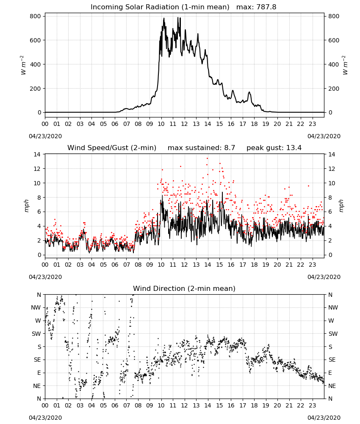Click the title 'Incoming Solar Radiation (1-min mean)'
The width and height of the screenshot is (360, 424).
click(x=160, y=7)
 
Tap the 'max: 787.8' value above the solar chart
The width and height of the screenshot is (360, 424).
click(x=256, y=7)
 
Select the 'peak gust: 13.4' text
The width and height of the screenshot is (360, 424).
click(x=274, y=148)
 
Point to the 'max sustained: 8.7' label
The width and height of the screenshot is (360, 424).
click(x=201, y=148)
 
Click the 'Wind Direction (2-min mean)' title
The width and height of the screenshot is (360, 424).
click(x=184, y=288)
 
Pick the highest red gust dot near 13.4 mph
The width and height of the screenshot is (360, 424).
click(x=207, y=159)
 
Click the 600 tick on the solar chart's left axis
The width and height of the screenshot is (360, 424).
click(x=36, y=40)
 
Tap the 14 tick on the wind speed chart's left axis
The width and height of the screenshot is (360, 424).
click(x=37, y=154)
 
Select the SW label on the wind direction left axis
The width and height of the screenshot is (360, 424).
click(x=36, y=334)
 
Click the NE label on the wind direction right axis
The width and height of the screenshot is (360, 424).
click(x=332, y=386)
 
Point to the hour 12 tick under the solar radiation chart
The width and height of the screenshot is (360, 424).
click(x=184, y=124)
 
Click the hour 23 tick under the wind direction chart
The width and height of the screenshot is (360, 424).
click(x=312, y=405)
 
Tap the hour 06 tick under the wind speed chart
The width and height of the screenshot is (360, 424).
click(x=115, y=265)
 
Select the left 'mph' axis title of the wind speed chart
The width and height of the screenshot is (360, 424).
click(x=26, y=206)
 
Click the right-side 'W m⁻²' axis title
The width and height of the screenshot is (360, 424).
click(x=345, y=65)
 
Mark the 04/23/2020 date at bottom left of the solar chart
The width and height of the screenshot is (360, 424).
click(x=45, y=136)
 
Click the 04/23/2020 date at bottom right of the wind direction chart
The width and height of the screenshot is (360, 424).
click(x=324, y=418)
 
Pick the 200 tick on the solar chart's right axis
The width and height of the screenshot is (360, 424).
click(x=334, y=89)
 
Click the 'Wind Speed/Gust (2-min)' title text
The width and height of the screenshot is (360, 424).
click(x=112, y=148)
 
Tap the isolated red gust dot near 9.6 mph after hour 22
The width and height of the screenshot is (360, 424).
click(x=308, y=186)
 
